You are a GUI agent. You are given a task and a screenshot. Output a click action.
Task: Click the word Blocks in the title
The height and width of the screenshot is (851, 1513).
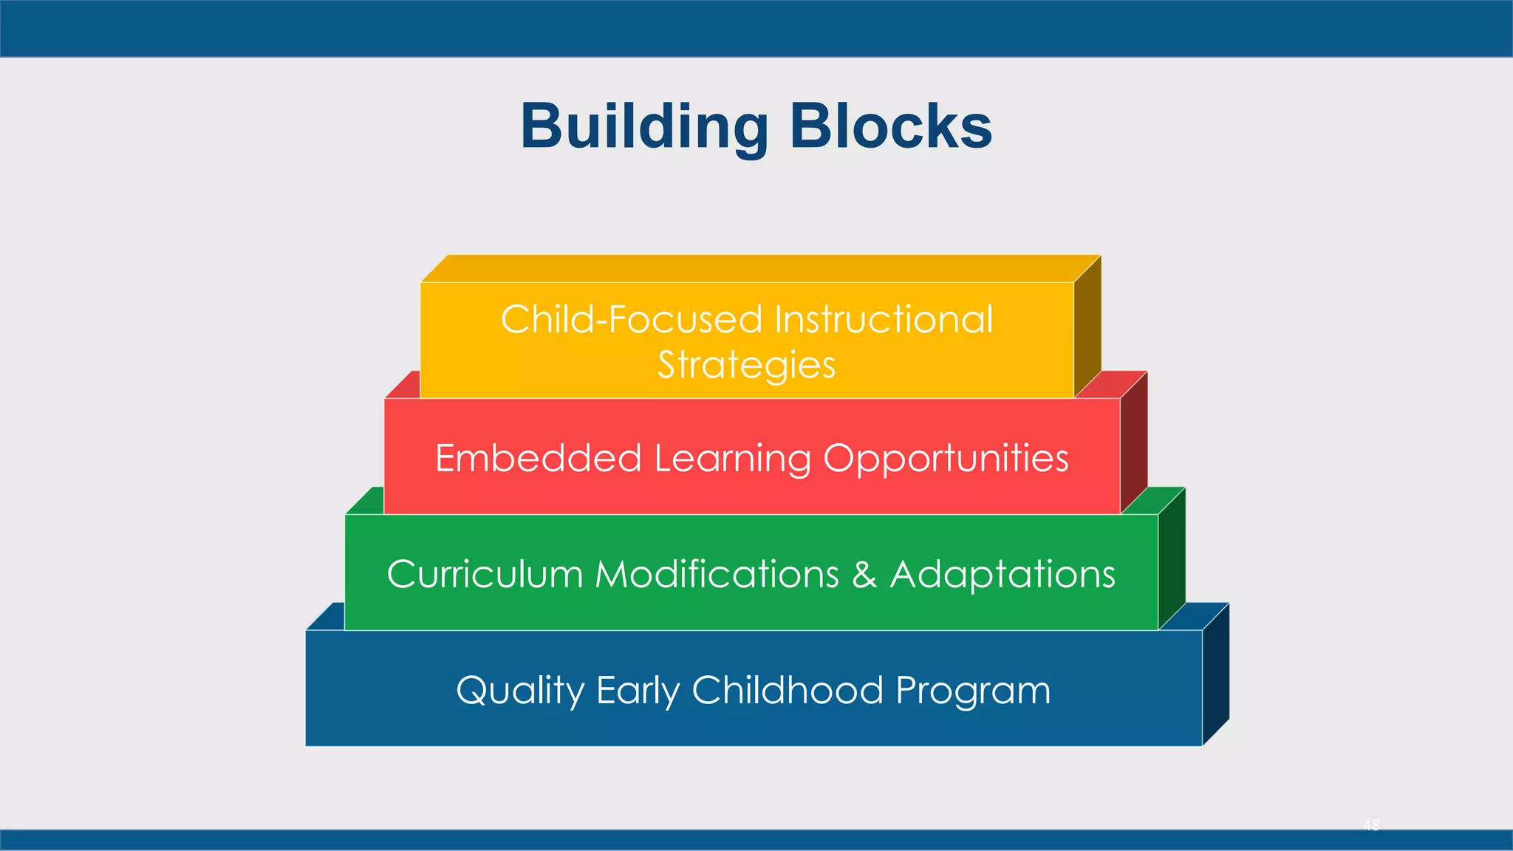(891, 127)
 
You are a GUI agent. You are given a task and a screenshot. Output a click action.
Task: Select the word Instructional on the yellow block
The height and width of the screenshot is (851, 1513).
(884, 320)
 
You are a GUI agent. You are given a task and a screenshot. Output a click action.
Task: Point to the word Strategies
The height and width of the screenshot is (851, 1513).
(746, 365)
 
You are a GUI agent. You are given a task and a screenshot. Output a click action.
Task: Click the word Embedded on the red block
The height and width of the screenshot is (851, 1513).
(538, 458)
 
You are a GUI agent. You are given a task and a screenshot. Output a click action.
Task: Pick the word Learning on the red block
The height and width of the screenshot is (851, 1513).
(732, 459)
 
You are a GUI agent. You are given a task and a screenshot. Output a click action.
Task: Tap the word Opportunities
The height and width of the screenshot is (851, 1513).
(946, 459)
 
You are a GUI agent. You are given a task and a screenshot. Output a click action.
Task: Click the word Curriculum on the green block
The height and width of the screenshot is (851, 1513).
(485, 574)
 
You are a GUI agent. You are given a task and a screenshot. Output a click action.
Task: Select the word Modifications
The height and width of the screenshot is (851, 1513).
(717, 574)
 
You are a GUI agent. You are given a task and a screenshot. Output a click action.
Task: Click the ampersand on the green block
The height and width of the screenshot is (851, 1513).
(864, 575)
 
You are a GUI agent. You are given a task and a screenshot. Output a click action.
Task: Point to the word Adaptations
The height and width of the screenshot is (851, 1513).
(1003, 574)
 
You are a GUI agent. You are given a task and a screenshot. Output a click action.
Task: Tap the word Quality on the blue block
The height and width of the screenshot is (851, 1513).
(520, 691)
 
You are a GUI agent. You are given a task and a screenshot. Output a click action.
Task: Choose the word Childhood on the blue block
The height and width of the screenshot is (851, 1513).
(788, 690)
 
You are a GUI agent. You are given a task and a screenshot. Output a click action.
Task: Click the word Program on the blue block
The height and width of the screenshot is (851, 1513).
(973, 691)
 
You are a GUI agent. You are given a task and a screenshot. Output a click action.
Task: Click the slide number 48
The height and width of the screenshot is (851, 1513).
(1371, 825)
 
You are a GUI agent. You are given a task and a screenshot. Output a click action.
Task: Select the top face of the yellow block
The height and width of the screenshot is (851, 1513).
(761, 268)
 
